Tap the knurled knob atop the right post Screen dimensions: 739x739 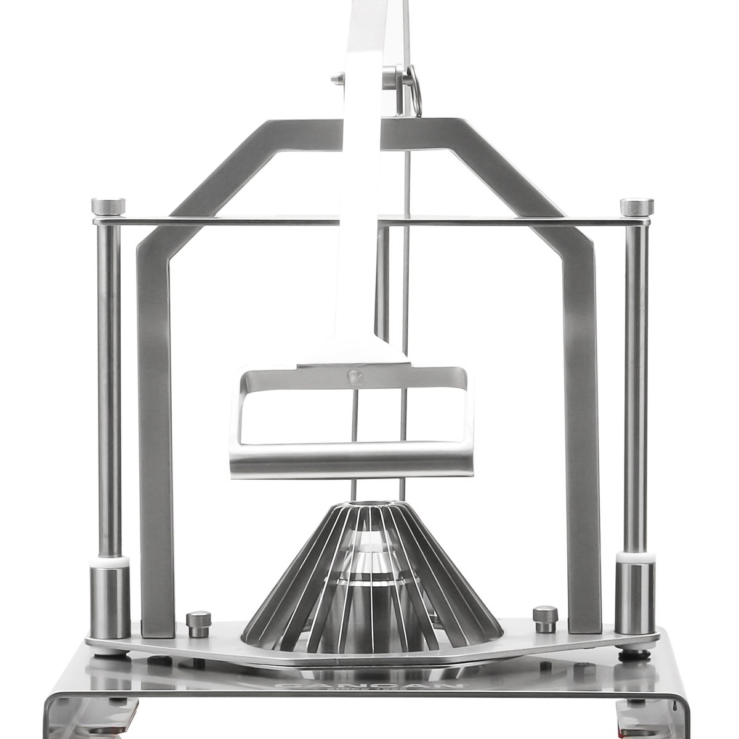click(636, 206)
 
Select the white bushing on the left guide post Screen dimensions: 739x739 click(111, 562)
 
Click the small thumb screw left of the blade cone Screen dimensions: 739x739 click(198, 623)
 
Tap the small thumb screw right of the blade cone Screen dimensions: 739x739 click(545, 618)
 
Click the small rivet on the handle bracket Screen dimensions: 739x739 click(354, 375)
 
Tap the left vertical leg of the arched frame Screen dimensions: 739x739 click(155, 431)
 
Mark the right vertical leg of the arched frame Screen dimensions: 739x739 click(583, 431)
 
